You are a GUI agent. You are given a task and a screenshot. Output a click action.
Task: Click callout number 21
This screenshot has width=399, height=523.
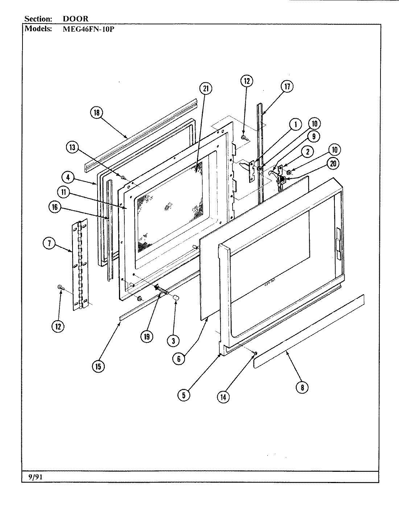coord(205,89)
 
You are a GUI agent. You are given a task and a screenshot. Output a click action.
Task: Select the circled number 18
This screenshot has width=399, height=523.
coord(97,113)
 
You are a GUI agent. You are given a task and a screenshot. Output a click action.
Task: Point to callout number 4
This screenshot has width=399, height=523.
coord(68,178)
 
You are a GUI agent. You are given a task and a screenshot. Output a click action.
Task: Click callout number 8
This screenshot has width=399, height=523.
coord(302,387)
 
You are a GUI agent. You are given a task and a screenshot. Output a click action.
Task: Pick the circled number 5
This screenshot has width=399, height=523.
coord(184,395)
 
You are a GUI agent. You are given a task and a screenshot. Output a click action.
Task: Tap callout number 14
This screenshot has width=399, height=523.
coord(223,397)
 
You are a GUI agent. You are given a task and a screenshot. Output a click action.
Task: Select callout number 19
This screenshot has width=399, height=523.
coord(147,337)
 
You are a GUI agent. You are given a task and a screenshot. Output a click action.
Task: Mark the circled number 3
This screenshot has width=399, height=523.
coord(173,340)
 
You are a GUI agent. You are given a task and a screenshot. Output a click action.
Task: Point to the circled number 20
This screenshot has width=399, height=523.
coord(333,163)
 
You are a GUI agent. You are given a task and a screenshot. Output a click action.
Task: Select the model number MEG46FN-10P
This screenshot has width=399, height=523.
coord(88,29)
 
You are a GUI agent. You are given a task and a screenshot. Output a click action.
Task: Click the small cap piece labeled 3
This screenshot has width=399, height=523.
coord(177,298)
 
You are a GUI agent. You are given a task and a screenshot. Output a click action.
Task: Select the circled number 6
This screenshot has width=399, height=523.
coord(179,358)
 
